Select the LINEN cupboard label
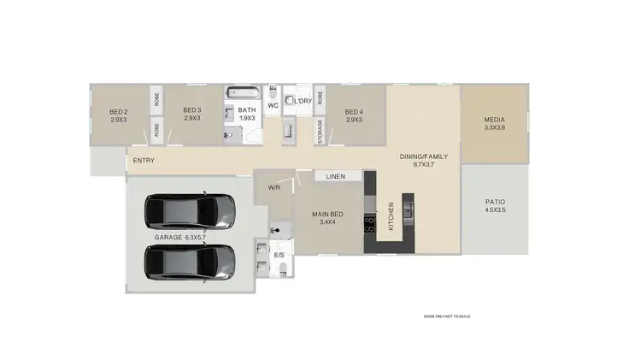pyautogui.click(x=335, y=177)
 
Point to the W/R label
pyautogui.click(x=274, y=187)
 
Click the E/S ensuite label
pyautogui.click(x=279, y=256)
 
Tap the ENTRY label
pyautogui.click(x=144, y=160)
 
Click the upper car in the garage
pyautogui.click(x=190, y=211)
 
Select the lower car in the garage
pyautogui.click(x=190, y=262)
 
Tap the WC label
pyautogui.click(x=273, y=106)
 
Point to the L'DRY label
pyautogui.click(x=302, y=101)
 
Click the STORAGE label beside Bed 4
pyautogui.click(x=320, y=133)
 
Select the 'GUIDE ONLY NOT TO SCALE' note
pyautogui.click(x=447, y=316)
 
